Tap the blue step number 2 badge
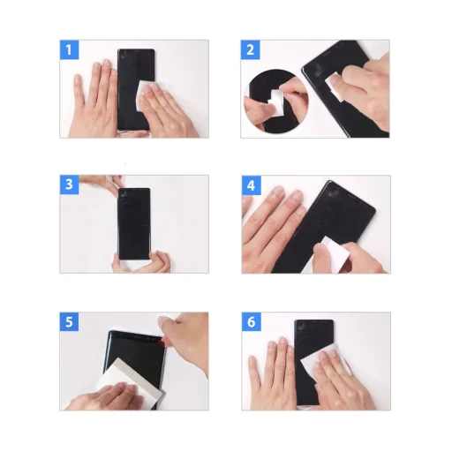(x=252, y=49)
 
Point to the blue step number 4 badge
(x=252, y=185)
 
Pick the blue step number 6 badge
(x=252, y=322)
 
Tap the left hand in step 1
(x=97, y=97)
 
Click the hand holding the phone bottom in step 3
(x=147, y=262)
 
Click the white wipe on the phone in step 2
(x=337, y=83)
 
